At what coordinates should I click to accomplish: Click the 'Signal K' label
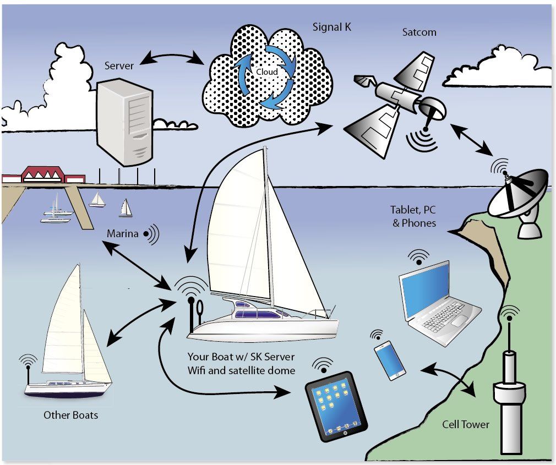pyautogui.click(x=332, y=27)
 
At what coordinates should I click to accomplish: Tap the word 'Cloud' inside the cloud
pyautogui.click(x=267, y=72)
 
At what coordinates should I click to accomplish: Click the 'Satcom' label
pyautogui.click(x=419, y=32)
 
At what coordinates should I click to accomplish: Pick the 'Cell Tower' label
pyautogui.click(x=465, y=424)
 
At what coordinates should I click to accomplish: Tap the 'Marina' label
pyautogui.click(x=122, y=234)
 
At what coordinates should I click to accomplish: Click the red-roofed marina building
pyautogui.click(x=42, y=176)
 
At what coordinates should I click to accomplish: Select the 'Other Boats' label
pyautogui.click(x=70, y=414)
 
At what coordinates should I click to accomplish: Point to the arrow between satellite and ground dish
pyautogui.click(x=471, y=139)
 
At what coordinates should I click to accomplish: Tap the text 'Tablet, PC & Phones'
pyautogui.click(x=413, y=216)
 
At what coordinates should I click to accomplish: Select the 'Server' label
pyautogui.click(x=119, y=65)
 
